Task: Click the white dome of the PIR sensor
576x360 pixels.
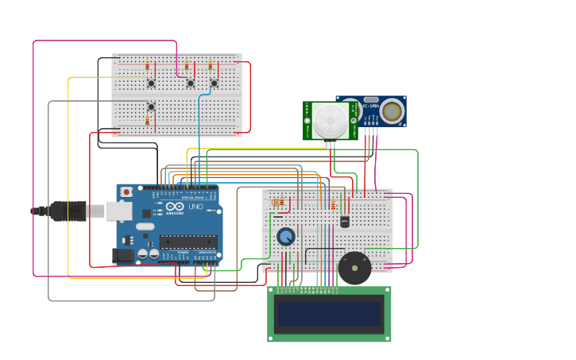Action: click(x=329, y=121)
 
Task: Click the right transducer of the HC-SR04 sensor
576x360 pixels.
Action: click(x=391, y=111)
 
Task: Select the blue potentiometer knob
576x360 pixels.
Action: click(x=286, y=236)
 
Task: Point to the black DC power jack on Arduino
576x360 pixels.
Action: click(x=123, y=255)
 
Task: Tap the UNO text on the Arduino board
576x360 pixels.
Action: click(x=195, y=207)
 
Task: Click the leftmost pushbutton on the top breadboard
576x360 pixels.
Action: click(x=151, y=83)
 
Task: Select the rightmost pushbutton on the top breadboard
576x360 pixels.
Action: click(x=214, y=83)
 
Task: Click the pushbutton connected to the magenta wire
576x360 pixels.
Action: click(x=190, y=83)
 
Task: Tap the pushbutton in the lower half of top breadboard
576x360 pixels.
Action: click(x=151, y=106)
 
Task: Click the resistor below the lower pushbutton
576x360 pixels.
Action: click(x=147, y=121)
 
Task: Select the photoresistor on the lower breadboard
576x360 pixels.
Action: click(x=277, y=203)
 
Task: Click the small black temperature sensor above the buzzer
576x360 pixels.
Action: click(x=344, y=222)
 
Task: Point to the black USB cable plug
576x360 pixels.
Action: click(x=68, y=211)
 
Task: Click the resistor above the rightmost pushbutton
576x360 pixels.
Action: click(x=211, y=66)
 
